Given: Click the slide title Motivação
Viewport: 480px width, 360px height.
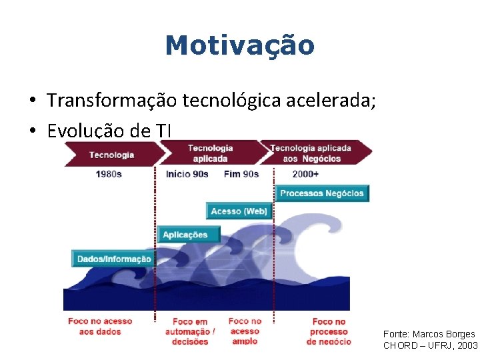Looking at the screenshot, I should (239, 46).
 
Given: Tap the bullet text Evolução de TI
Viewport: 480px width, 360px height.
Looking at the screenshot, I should (109, 131).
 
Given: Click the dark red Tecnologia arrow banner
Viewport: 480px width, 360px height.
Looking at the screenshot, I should (111, 155).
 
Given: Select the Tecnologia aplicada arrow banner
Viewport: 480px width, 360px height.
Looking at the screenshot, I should (211, 153).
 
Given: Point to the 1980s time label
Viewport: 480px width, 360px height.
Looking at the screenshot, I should (109, 174).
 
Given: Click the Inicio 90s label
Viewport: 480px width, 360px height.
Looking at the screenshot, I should (187, 174).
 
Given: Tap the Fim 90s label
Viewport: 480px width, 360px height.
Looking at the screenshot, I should (241, 174).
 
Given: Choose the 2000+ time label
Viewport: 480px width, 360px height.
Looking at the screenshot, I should (305, 174).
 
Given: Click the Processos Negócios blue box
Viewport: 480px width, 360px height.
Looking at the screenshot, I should (322, 193).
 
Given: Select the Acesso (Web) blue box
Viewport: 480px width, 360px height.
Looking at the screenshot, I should (239, 211).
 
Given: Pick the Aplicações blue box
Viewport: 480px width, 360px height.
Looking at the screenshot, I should (185, 235).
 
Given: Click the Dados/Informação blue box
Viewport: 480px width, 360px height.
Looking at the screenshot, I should (114, 259).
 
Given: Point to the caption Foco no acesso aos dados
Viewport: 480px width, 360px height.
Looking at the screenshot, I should (100, 326).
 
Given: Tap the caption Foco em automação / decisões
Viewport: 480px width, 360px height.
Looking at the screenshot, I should (191, 331).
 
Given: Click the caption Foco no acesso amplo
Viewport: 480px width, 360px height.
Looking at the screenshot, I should (245, 331).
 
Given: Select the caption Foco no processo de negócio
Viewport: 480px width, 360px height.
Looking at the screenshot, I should (329, 331).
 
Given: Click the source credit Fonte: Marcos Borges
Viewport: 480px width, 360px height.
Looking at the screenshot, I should (429, 334).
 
